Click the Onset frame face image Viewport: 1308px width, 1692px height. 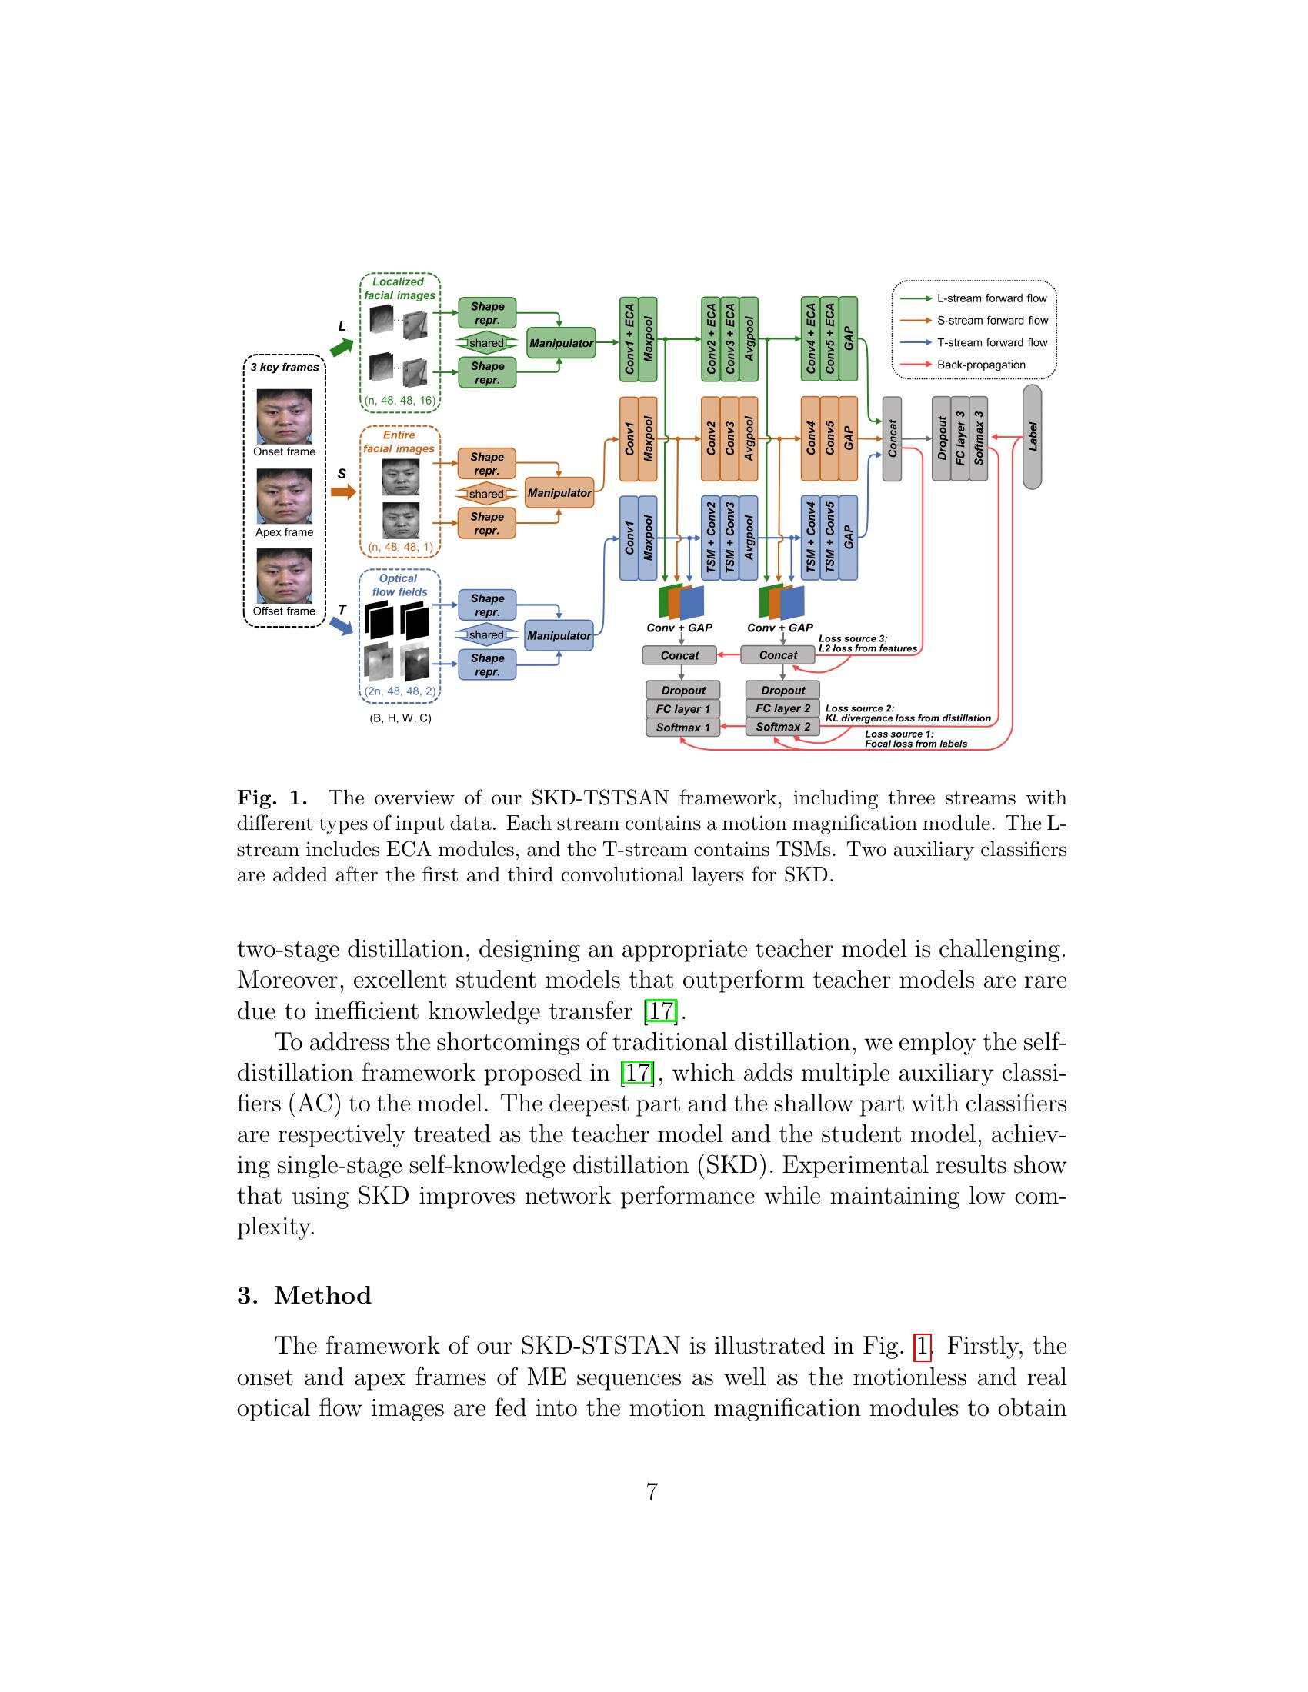[285, 416]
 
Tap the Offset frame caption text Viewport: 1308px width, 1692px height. [285, 611]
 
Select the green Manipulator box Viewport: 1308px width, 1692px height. [561, 342]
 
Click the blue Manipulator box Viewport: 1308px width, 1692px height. [559, 635]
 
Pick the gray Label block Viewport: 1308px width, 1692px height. [1032, 436]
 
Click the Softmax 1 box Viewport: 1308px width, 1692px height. [682, 728]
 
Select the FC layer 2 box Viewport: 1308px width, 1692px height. [782, 708]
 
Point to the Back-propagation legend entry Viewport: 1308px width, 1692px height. [980, 364]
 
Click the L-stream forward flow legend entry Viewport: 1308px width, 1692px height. [991, 298]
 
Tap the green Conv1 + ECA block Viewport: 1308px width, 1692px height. [629, 339]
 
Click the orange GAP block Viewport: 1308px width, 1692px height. [849, 438]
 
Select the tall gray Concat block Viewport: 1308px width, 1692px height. [892, 438]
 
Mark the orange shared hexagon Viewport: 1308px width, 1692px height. [485, 494]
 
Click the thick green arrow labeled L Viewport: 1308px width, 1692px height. [341, 348]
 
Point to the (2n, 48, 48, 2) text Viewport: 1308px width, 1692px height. [400, 691]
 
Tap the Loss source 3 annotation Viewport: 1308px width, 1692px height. [867, 644]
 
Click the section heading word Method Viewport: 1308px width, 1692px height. [322, 1295]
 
